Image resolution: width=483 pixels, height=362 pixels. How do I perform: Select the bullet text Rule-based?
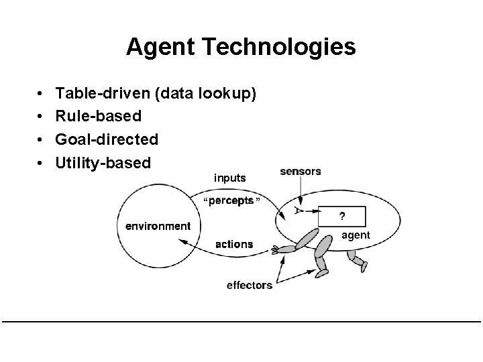99,116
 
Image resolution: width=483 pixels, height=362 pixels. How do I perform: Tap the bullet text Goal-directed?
107,139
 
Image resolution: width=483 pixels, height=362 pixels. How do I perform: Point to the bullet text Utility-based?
103,163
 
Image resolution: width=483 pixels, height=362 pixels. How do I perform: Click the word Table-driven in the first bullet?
103,93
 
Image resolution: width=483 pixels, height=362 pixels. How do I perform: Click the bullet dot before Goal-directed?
42,140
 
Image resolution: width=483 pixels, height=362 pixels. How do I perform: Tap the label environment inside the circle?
158,226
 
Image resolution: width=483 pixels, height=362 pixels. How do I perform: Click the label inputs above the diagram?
229,178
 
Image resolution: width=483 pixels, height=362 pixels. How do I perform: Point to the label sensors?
301,172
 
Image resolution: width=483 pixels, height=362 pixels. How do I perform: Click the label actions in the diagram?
234,244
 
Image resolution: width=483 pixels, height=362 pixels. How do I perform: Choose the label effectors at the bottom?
250,286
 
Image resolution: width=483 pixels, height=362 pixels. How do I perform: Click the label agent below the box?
356,235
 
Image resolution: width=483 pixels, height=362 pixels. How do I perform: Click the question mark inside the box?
342,217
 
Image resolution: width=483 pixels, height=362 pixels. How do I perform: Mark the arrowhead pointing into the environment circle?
182,245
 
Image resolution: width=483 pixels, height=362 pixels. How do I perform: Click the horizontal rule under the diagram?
241,322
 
